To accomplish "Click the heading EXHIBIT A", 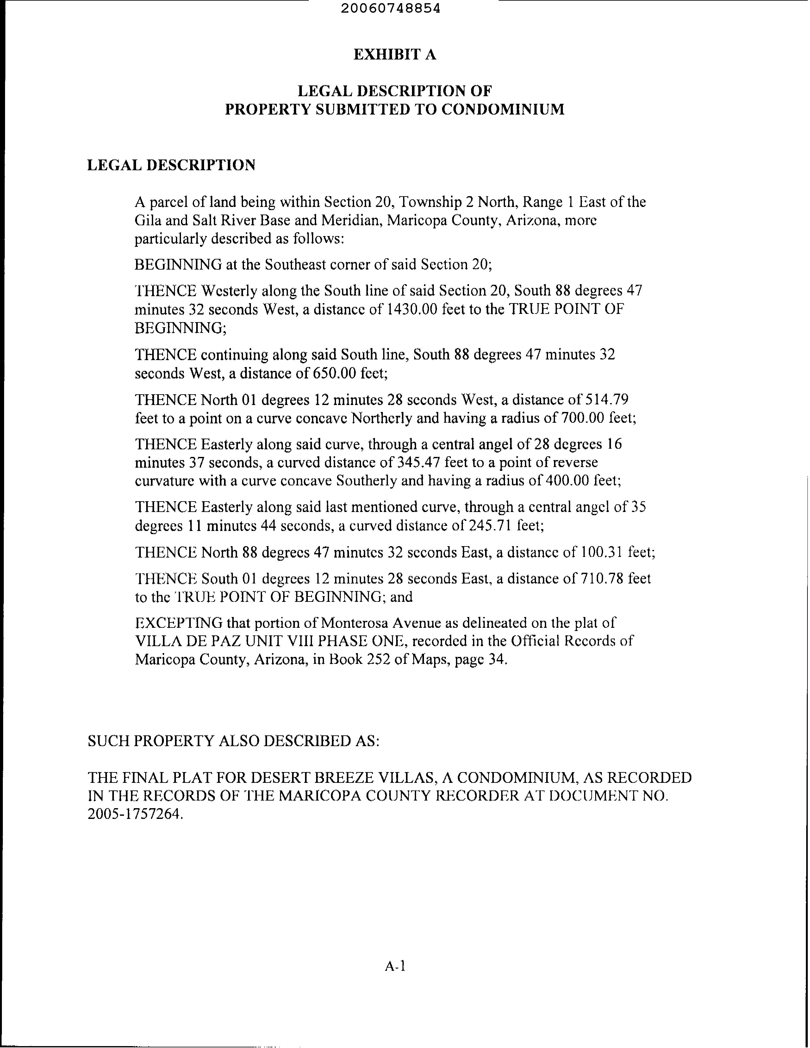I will [x=395, y=55].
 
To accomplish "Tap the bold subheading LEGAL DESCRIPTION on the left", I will [x=171, y=165].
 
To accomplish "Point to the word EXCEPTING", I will [x=178, y=623].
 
